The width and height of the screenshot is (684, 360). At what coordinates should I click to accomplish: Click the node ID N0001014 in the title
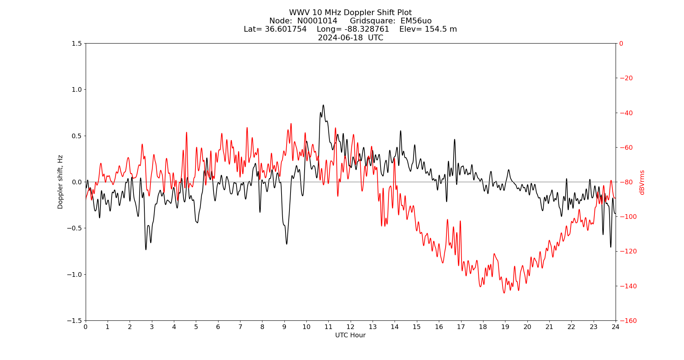coord(317,21)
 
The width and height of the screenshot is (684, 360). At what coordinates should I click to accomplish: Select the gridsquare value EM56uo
coord(416,21)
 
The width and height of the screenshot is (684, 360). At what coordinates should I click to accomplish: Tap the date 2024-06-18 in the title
coord(340,38)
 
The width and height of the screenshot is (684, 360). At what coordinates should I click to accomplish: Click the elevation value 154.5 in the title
coord(432,29)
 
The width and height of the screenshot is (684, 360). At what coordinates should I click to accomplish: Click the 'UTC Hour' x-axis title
coord(350,335)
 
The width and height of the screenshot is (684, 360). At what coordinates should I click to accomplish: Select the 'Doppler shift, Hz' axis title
coord(60,182)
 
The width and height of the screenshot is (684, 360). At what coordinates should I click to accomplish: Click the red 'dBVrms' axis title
coord(642,182)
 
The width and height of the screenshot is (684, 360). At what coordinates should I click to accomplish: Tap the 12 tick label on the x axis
coord(350,327)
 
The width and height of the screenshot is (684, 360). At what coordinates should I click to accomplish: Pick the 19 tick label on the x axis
coord(505,327)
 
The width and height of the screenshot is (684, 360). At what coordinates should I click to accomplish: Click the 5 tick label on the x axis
coord(196,327)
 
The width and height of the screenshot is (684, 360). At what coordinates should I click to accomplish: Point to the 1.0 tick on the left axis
coord(77,90)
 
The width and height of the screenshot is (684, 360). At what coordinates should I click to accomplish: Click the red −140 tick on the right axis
coord(626,286)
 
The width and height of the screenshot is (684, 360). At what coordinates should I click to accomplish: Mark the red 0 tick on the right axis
coord(621,44)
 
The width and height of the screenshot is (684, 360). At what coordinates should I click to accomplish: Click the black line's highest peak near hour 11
coord(323,105)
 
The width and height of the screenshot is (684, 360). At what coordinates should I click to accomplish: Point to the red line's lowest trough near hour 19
coord(504,293)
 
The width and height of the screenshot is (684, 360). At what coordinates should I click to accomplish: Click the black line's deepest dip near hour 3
coord(146,249)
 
